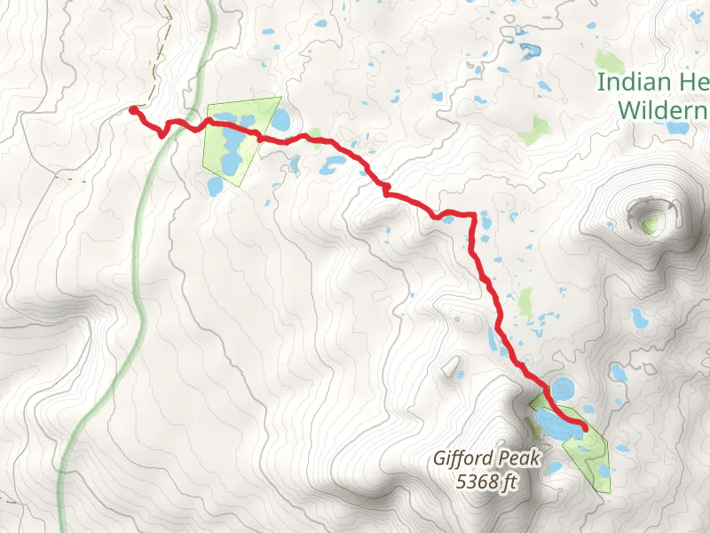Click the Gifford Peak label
click(x=473, y=459)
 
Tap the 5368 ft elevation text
click(x=485, y=482)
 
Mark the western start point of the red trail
click(x=133, y=110)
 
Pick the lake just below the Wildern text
click(x=678, y=128)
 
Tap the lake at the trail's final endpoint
click(x=559, y=424)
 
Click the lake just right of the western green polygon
click(x=280, y=120)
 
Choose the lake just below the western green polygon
click(x=215, y=186)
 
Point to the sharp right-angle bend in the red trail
click(x=475, y=218)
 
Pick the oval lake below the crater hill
click(x=639, y=316)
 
